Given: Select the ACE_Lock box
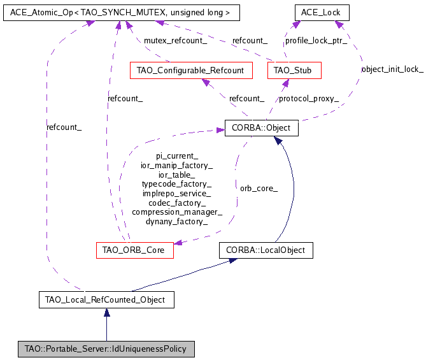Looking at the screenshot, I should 322,12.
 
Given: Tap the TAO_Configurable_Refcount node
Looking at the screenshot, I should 190,69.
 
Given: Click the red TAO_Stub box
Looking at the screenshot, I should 294,69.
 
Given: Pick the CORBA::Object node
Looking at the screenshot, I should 261,128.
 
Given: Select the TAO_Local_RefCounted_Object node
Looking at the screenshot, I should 106,299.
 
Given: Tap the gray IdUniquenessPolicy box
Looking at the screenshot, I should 106,349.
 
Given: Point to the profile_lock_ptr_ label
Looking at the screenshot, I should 316,40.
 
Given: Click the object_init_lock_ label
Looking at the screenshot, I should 392,69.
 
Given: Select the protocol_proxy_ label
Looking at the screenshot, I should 309,99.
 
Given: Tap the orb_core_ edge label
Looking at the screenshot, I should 259,189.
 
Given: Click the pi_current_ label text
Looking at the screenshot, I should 177,155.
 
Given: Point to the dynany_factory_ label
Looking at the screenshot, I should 177,222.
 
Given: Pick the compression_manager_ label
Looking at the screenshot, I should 177,212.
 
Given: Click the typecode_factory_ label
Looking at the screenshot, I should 177,184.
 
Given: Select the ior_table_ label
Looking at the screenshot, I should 177,174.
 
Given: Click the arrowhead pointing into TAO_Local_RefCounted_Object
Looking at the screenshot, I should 107,312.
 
